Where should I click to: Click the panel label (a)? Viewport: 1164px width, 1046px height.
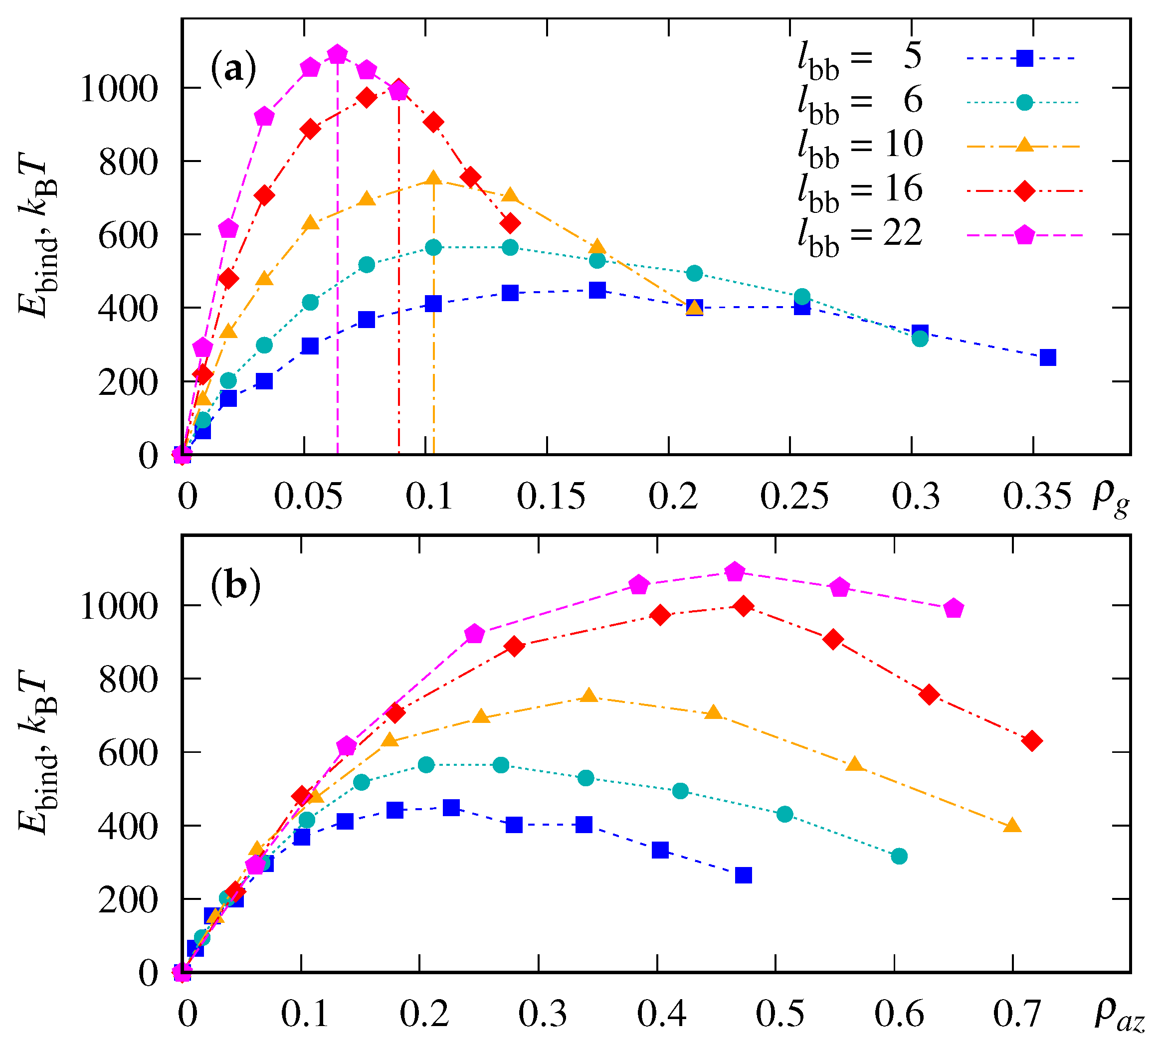pos(233,69)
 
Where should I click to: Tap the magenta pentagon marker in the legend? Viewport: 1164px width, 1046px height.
pos(1024,235)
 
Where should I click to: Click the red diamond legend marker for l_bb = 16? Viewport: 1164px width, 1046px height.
pos(1024,191)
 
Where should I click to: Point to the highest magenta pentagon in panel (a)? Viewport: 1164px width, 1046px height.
pos(338,55)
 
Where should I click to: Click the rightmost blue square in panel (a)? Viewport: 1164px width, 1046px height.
pos(1048,357)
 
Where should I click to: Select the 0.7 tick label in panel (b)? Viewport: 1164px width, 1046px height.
pos(1016,1015)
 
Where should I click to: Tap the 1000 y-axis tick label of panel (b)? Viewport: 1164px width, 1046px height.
pos(118,607)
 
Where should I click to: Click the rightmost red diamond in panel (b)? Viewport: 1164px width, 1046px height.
pos(1032,741)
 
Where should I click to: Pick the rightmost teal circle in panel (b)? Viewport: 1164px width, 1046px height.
pos(899,857)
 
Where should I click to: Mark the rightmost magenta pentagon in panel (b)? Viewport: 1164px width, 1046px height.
pos(954,609)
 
